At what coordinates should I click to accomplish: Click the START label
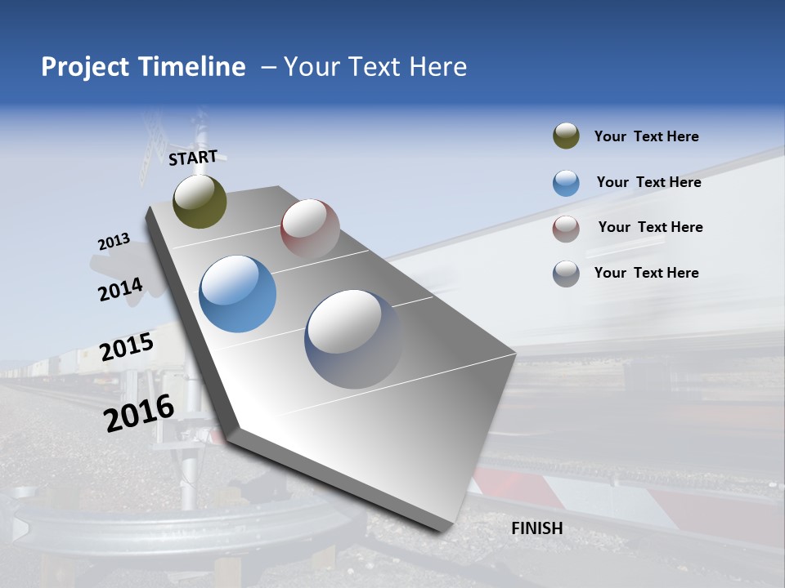tap(193, 158)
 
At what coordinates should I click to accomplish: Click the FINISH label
tap(536, 528)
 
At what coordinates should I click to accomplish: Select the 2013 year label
tap(114, 242)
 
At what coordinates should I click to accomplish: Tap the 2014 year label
tap(120, 290)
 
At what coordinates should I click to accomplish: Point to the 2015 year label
tap(127, 347)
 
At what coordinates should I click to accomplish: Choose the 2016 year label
tap(139, 413)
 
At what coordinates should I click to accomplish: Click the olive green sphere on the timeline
tap(200, 202)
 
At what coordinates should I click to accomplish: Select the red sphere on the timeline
tap(310, 228)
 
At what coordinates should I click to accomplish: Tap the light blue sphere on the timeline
tap(238, 294)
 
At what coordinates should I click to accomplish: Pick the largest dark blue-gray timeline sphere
tap(353, 339)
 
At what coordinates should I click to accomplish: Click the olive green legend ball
tap(566, 136)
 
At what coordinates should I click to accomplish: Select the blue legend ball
tap(566, 183)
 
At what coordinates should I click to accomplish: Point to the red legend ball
tap(566, 228)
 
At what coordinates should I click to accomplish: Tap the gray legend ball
tap(566, 274)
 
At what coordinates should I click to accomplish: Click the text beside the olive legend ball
tap(646, 136)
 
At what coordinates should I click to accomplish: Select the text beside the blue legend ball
tap(648, 182)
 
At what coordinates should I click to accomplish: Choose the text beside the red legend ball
tap(650, 227)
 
